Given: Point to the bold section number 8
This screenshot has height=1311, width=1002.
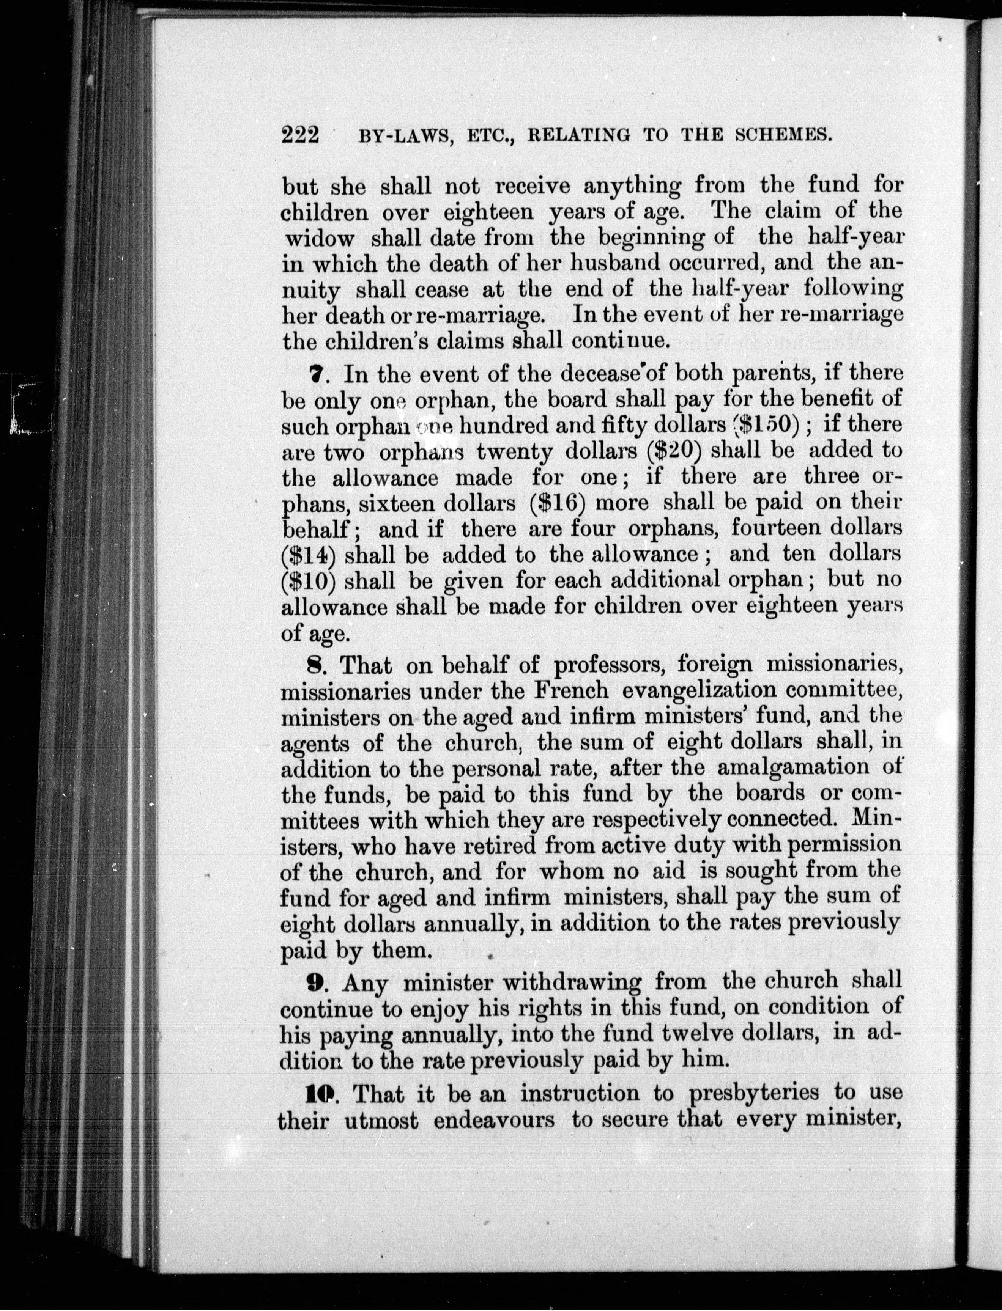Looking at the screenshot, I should (x=319, y=664).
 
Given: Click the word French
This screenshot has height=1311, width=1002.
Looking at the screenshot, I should (x=571, y=691).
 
